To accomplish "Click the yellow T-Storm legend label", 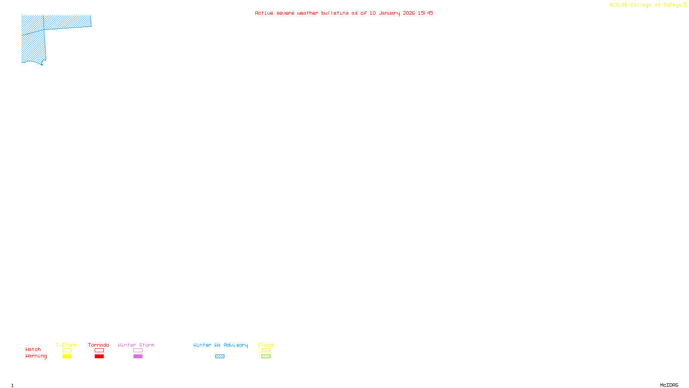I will (x=66, y=345).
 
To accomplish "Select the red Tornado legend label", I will (x=99, y=345).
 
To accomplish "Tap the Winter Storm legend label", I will (x=136, y=345).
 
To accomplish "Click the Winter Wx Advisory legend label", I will (x=220, y=345).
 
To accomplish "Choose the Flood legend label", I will (x=266, y=345).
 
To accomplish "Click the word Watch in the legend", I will (x=33, y=349).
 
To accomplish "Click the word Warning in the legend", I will (x=36, y=356).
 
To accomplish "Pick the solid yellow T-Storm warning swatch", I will (x=67, y=357).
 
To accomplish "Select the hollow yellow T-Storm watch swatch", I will (x=67, y=350).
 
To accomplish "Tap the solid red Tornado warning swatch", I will (x=99, y=357).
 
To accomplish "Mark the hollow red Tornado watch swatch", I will (x=99, y=350).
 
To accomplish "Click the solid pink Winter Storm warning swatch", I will (x=138, y=357).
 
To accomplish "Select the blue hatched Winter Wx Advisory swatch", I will (x=220, y=357).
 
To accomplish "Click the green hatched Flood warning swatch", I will (x=266, y=357).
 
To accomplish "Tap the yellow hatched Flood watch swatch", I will (x=266, y=350).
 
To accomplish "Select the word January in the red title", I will (x=389, y=13).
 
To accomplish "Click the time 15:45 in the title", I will (x=425, y=13).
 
